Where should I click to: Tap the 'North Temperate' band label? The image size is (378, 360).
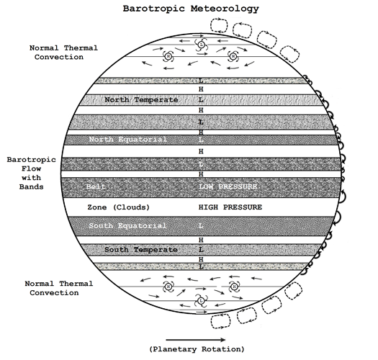pyautogui.click(x=141, y=99)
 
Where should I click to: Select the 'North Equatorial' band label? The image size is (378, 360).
pyautogui.click(x=128, y=139)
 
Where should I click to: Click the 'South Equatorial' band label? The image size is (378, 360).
pyautogui.click(x=127, y=226)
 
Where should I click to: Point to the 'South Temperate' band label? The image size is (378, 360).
pyautogui.click(x=141, y=249)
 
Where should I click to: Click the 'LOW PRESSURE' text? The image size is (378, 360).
pyautogui.click(x=228, y=186)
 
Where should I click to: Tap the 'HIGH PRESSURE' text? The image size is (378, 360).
pyautogui.click(x=230, y=207)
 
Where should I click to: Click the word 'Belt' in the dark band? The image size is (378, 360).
pyautogui.click(x=96, y=186)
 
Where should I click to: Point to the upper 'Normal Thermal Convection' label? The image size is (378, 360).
pyautogui.click(x=62, y=53)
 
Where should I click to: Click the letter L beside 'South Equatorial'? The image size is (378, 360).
pyautogui.click(x=202, y=226)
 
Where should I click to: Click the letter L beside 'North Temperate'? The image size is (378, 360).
pyautogui.click(x=202, y=99)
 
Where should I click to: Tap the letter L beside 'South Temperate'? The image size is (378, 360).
pyautogui.click(x=202, y=249)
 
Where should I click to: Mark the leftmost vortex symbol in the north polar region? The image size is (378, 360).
pyautogui.click(x=168, y=56)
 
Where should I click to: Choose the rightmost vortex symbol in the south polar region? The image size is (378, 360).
pyautogui.click(x=233, y=287)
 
